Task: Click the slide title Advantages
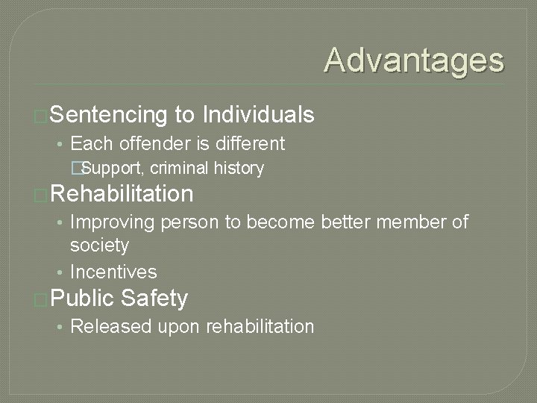pos(414,60)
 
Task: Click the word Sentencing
pos(109,114)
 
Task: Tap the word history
pos(239,168)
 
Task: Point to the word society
pos(99,245)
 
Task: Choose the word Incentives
pos(113,272)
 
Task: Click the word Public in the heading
pos(83,299)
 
